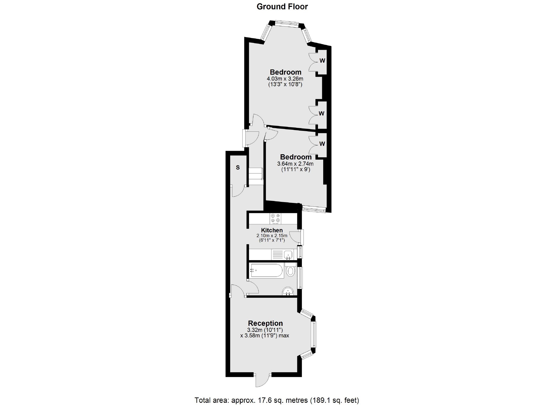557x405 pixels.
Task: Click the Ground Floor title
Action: (x=282, y=7)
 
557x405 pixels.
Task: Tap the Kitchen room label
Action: (x=272, y=230)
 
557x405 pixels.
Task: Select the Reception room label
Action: (x=265, y=323)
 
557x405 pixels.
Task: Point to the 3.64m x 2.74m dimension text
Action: (x=295, y=164)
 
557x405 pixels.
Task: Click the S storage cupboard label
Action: (x=238, y=167)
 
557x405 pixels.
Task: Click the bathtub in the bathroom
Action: (x=266, y=271)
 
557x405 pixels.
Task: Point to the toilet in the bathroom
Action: (x=290, y=271)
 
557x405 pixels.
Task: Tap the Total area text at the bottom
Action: (x=277, y=400)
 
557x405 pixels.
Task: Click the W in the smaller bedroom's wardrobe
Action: (x=322, y=144)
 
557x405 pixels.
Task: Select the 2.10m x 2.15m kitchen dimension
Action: (x=272, y=236)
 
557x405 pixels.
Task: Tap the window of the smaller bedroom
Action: (x=314, y=209)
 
